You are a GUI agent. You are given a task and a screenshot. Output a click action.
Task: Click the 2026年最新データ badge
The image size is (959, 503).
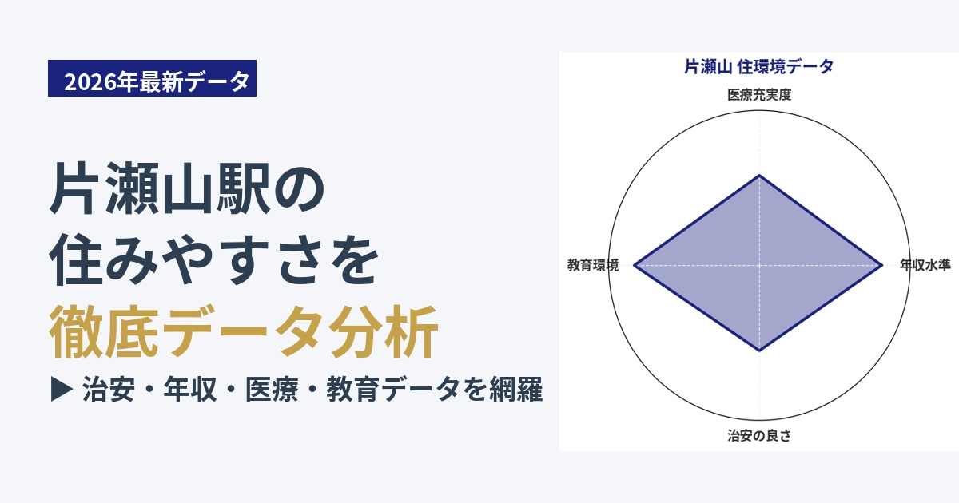[x=152, y=78]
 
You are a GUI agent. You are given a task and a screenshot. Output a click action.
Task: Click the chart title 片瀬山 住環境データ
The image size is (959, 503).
[x=759, y=67]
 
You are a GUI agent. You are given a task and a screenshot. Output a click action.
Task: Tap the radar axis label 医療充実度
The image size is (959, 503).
[x=759, y=94]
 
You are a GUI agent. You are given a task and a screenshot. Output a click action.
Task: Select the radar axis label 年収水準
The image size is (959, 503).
[x=925, y=265]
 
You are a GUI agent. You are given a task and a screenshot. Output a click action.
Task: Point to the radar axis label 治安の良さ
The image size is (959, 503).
[x=759, y=435]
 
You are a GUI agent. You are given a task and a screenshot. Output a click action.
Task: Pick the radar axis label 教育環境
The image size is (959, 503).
[x=593, y=265]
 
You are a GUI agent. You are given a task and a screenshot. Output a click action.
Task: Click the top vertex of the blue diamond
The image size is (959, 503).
[x=759, y=176]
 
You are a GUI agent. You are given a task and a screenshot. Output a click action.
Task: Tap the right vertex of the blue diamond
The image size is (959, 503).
[x=882, y=265]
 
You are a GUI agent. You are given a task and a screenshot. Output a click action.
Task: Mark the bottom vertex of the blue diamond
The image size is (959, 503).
[x=759, y=351]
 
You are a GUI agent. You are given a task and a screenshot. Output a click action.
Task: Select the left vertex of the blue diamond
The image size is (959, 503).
[x=634, y=265]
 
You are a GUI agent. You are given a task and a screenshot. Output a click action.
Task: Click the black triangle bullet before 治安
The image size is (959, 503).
[x=62, y=390]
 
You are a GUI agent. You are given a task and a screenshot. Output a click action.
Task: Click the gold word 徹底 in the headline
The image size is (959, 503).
[x=103, y=331]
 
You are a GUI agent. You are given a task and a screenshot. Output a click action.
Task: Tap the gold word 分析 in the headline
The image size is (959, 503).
[x=384, y=331]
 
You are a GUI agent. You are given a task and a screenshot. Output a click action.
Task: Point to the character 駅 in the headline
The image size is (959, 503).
[x=243, y=188]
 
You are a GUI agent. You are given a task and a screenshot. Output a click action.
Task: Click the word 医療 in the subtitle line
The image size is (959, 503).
[x=272, y=390]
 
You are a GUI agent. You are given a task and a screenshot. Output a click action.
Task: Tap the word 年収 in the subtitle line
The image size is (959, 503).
[x=190, y=390]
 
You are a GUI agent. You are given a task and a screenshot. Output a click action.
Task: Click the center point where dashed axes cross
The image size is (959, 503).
[x=759, y=265]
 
